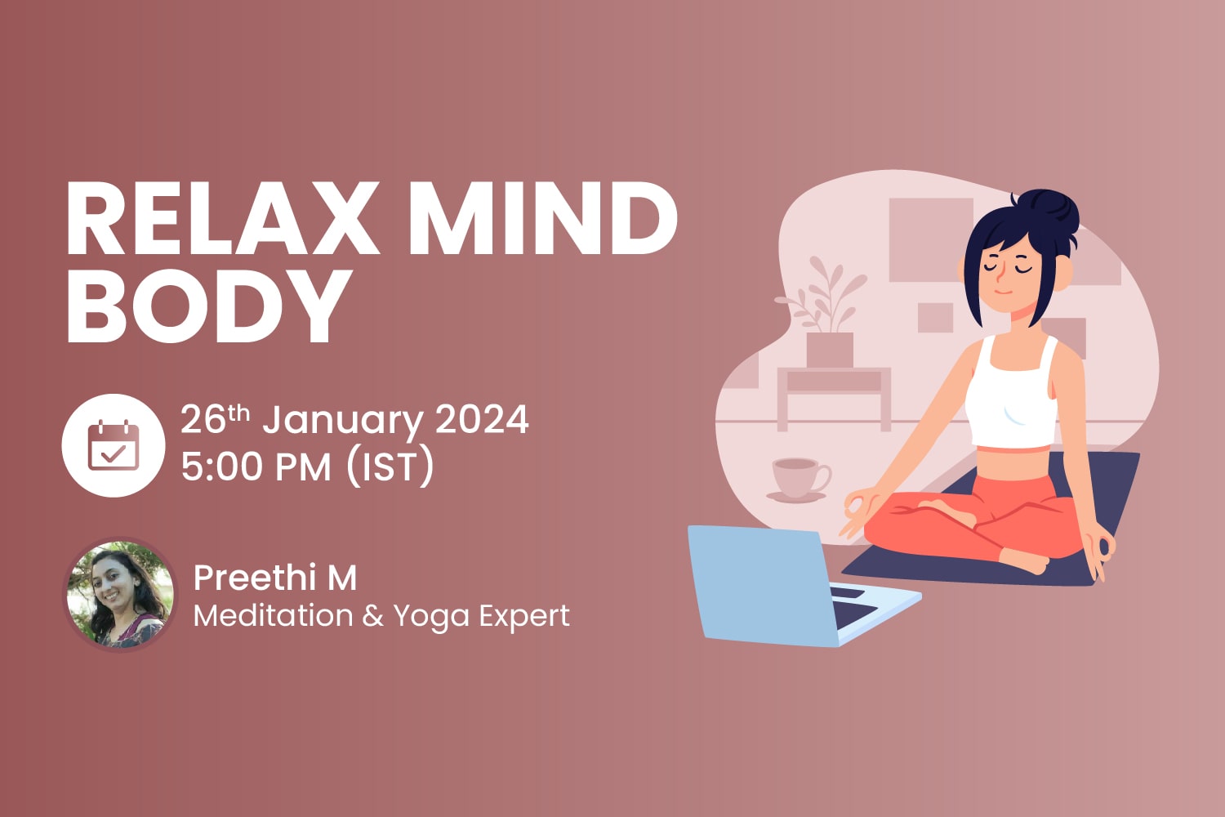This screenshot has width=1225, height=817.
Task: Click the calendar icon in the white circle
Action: [114, 445]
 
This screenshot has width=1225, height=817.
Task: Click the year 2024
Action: [482, 420]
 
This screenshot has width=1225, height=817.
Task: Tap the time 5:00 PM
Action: [256, 467]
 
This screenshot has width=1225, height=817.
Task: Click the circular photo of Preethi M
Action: [120, 595]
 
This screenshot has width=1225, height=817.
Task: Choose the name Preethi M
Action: [275, 578]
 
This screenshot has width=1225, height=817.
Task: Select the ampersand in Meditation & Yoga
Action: [372, 615]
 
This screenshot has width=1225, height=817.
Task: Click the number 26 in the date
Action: [203, 420]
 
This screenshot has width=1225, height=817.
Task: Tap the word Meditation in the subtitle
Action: [273, 615]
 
